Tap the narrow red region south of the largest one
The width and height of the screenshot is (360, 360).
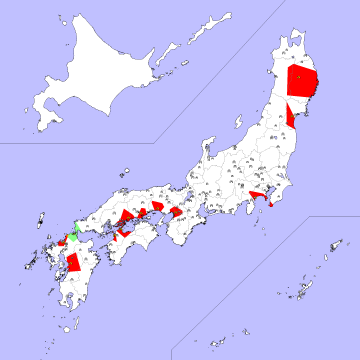pyautogui.click(x=290, y=113)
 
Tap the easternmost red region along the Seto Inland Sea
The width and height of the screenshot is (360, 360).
pyautogui.click(x=176, y=212)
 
